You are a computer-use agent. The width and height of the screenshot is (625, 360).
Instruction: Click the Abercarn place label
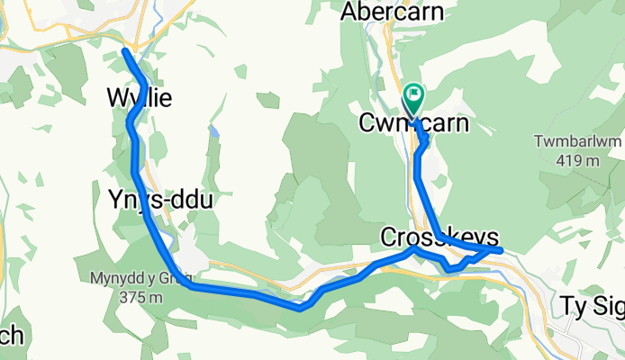point(394,12)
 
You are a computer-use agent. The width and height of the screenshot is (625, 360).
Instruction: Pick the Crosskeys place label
point(439,237)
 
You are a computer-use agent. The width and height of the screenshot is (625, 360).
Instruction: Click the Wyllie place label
point(140,96)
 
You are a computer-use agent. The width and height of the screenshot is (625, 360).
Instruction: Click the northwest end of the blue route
point(124,51)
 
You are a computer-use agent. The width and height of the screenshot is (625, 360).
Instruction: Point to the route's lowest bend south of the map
point(302,308)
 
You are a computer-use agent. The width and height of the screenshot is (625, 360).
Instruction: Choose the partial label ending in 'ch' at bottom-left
point(11,336)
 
